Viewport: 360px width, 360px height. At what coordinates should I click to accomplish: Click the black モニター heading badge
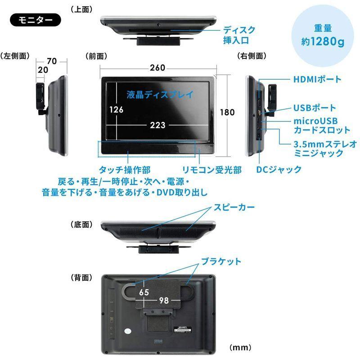pyautogui.click(x=35, y=20)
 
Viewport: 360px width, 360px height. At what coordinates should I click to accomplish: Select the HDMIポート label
pyautogui.click(x=317, y=80)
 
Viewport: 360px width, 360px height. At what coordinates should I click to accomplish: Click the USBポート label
pyautogui.click(x=314, y=108)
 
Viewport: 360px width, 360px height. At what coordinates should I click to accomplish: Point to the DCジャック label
pyautogui.click(x=279, y=169)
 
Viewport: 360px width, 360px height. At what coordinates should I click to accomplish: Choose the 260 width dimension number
pyautogui.click(x=157, y=68)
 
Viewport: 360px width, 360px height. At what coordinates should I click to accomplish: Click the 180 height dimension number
pyautogui.click(x=227, y=112)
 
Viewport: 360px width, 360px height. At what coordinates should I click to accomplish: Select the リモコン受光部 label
pyautogui.click(x=211, y=170)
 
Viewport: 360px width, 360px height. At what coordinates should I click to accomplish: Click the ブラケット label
pyautogui.click(x=221, y=261)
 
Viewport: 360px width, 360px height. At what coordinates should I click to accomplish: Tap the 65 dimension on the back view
pyautogui.click(x=144, y=292)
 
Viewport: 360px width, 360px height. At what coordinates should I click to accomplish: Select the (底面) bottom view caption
pyautogui.click(x=81, y=224)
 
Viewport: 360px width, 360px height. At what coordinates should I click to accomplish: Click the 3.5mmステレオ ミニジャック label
pyautogui.click(x=324, y=148)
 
